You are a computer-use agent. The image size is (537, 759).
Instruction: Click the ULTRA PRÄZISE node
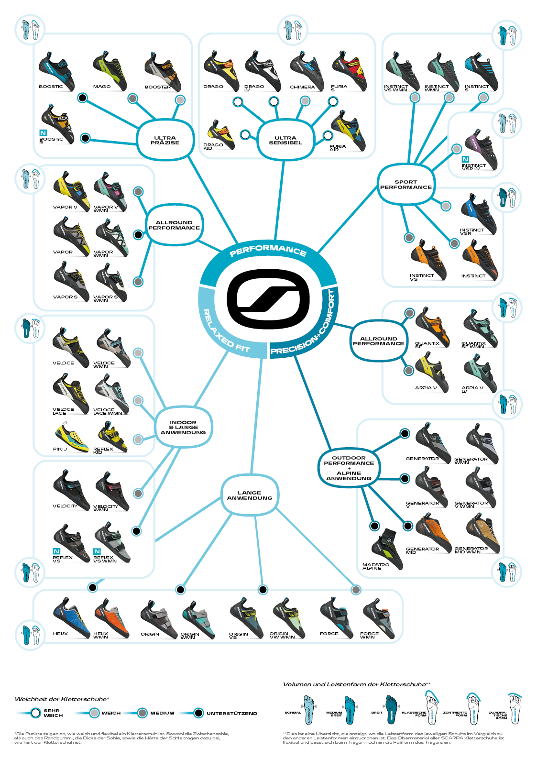165,140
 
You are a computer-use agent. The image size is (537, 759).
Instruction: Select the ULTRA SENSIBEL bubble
285,140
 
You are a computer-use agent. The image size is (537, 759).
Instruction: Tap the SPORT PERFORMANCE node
406,185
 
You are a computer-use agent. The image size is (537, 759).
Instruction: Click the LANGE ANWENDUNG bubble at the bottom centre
250,495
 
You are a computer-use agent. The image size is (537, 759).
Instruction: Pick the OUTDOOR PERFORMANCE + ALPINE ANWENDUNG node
349,468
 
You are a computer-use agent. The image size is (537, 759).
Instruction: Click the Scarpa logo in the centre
268,299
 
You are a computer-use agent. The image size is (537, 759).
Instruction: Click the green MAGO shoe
110,70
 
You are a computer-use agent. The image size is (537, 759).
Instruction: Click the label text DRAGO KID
213,146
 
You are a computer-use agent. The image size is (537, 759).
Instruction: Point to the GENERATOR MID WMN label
471,550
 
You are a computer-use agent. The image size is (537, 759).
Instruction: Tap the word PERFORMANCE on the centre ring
268,250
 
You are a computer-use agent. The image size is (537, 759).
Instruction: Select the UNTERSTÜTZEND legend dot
198,713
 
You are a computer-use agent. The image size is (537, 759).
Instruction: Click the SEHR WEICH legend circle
35,713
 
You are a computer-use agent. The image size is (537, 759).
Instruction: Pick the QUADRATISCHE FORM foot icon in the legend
515,708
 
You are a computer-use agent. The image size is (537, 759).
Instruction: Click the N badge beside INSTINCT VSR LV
465,159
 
